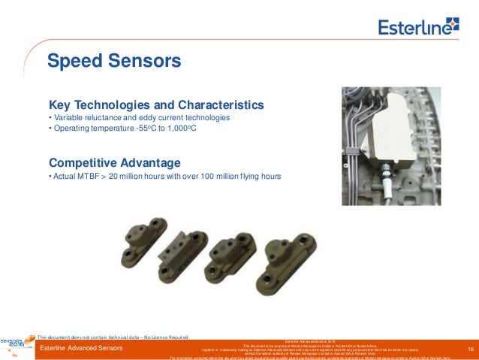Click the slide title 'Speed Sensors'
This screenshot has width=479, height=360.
pyautogui.click(x=113, y=59)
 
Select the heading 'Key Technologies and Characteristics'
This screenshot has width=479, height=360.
pyautogui.click(x=155, y=104)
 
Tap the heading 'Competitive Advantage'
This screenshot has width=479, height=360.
pyautogui.click(x=114, y=162)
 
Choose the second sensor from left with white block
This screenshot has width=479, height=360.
pyautogui.click(x=184, y=252)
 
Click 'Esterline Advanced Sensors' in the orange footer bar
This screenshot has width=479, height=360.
pyautogui.click(x=81, y=349)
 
